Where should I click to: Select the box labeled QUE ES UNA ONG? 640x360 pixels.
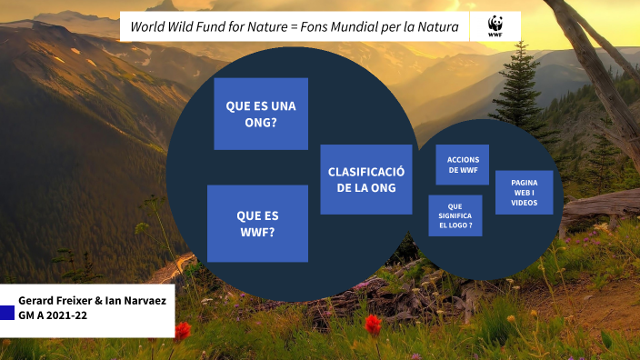coord(261,114)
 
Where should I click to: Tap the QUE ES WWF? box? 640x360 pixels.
coord(257,224)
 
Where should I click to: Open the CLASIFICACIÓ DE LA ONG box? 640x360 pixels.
coord(365,179)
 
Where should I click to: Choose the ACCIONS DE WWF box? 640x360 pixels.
coord(463,165)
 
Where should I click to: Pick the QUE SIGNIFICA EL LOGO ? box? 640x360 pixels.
coord(455,215)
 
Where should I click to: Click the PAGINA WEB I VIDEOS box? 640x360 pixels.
coord(524,193)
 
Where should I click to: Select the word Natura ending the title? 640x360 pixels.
coord(438,26)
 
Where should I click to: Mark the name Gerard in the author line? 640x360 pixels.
coord(37,300)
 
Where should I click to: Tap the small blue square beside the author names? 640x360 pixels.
coord(7,313)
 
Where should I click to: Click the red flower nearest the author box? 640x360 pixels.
coord(183,331)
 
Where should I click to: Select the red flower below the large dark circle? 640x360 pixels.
coord(373,325)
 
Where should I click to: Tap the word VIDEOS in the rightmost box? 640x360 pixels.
coord(524,203)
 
